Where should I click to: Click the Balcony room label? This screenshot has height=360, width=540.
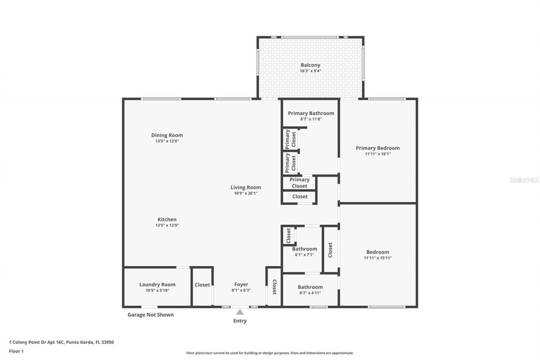pyautogui.click(x=310, y=65)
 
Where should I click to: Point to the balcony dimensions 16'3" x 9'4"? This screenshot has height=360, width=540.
pyautogui.click(x=310, y=71)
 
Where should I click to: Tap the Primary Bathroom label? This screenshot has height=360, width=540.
pyautogui.click(x=311, y=113)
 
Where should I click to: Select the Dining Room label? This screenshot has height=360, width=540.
pyautogui.click(x=167, y=135)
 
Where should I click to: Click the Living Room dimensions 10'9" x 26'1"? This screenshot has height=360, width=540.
pyautogui.click(x=246, y=193)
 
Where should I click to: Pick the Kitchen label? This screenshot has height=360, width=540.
pyautogui.click(x=167, y=219)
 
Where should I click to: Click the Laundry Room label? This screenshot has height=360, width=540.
pyautogui.click(x=157, y=284)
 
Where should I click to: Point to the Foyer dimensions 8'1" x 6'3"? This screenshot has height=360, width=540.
pyautogui.click(x=241, y=290)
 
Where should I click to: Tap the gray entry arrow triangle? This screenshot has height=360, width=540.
pyautogui.click(x=240, y=312)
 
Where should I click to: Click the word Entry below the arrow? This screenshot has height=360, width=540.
pyautogui.click(x=240, y=321)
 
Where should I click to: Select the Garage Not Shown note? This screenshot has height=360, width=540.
pyautogui.click(x=151, y=315)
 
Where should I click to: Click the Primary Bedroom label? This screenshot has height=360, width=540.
pyautogui.click(x=378, y=148)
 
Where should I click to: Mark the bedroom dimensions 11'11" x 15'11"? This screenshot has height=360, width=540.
pyautogui.click(x=378, y=258)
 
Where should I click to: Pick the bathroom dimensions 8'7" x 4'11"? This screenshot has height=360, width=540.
pyautogui.click(x=310, y=293)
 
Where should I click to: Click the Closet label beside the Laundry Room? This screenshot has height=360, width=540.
pyautogui.click(x=202, y=285)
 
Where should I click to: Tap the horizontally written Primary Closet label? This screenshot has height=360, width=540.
pyautogui.click(x=299, y=183)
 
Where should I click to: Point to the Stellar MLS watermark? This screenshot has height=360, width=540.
pyautogui.click(x=524, y=180)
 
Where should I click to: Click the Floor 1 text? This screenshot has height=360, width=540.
pyautogui.click(x=16, y=351)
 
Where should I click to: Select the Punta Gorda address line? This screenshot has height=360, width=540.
pyautogui.click(x=62, y=342)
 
